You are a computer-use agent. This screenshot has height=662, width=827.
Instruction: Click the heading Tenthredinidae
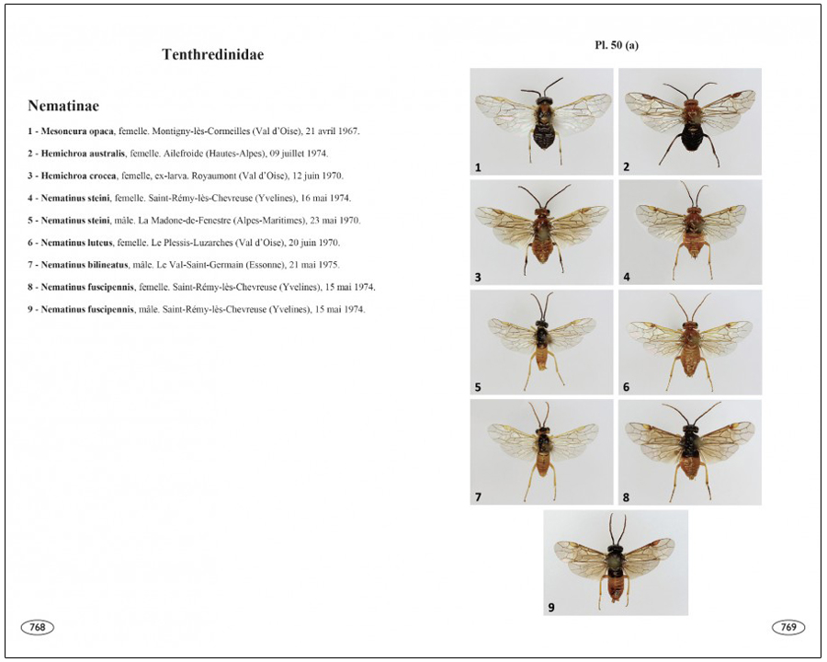tap(212, 54)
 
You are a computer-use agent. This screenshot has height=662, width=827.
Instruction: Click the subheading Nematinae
tap(63, 106)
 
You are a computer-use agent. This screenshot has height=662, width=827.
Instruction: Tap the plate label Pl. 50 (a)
tap(617, 45)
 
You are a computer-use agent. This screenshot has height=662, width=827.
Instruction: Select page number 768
tap(38, 627)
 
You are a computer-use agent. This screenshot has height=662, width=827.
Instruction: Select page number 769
tap(788, 627)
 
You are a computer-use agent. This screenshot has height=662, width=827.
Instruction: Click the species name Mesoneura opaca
tap(77, 131)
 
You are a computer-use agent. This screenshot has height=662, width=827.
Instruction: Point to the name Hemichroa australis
tap(83, 154)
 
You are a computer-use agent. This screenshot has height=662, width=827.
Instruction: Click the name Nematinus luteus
tap(77, 243)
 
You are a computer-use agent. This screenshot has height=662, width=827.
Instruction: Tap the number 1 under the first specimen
tap(478, 168)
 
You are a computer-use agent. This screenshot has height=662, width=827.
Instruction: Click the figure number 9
tap(551, 608)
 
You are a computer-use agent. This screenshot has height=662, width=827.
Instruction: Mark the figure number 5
tap(478, 387)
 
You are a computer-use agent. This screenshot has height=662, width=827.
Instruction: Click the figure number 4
tap(627, 277)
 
